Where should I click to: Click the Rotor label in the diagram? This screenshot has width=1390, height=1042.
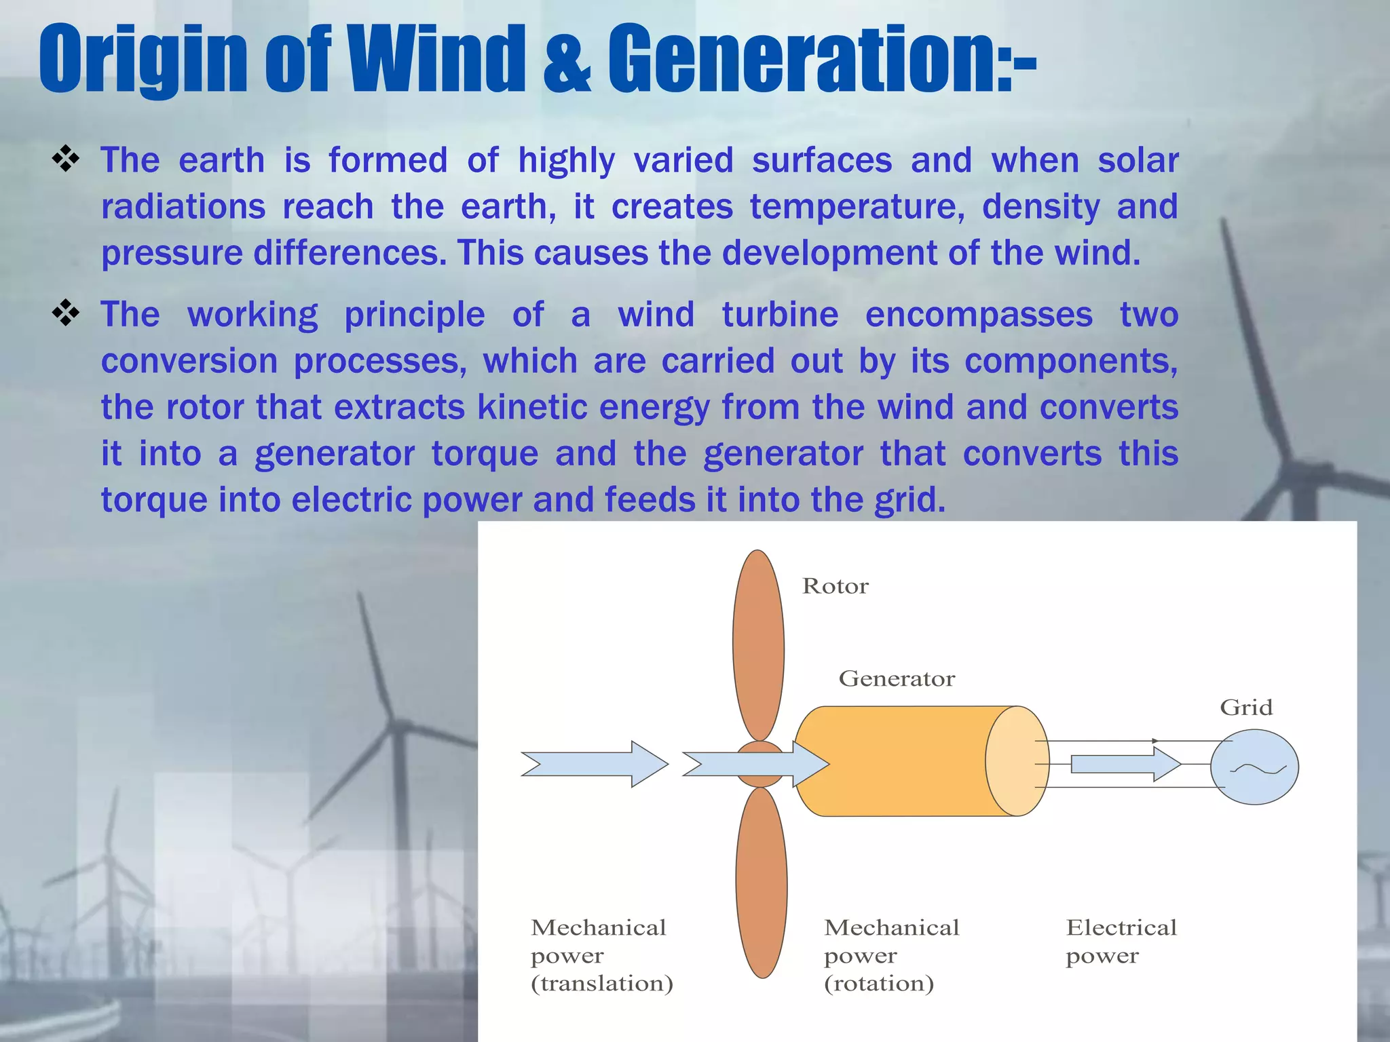(x=835, y=586)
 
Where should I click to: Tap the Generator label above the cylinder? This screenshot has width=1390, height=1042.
(x=897, y=678)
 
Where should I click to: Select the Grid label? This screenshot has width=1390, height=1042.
(x=1246, y=708)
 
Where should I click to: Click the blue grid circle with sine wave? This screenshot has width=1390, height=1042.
(x=1255, y=767)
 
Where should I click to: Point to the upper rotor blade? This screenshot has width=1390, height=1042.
(x=758, y=644)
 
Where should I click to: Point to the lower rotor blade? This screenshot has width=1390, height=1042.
(x=762, y=882)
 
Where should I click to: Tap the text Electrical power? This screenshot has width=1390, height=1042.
(x=1121, y=941)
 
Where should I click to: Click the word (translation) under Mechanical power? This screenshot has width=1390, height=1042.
(x=602, y=983)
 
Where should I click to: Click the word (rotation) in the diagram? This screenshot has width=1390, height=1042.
(x=879, y=983)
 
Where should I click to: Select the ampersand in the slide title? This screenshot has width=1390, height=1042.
(x=567, y=61)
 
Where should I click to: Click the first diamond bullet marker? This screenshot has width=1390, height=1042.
(x=66, y=160)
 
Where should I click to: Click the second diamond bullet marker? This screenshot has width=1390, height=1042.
(x=66, y=314)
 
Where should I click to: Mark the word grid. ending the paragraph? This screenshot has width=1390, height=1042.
(x=909, y=500)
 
